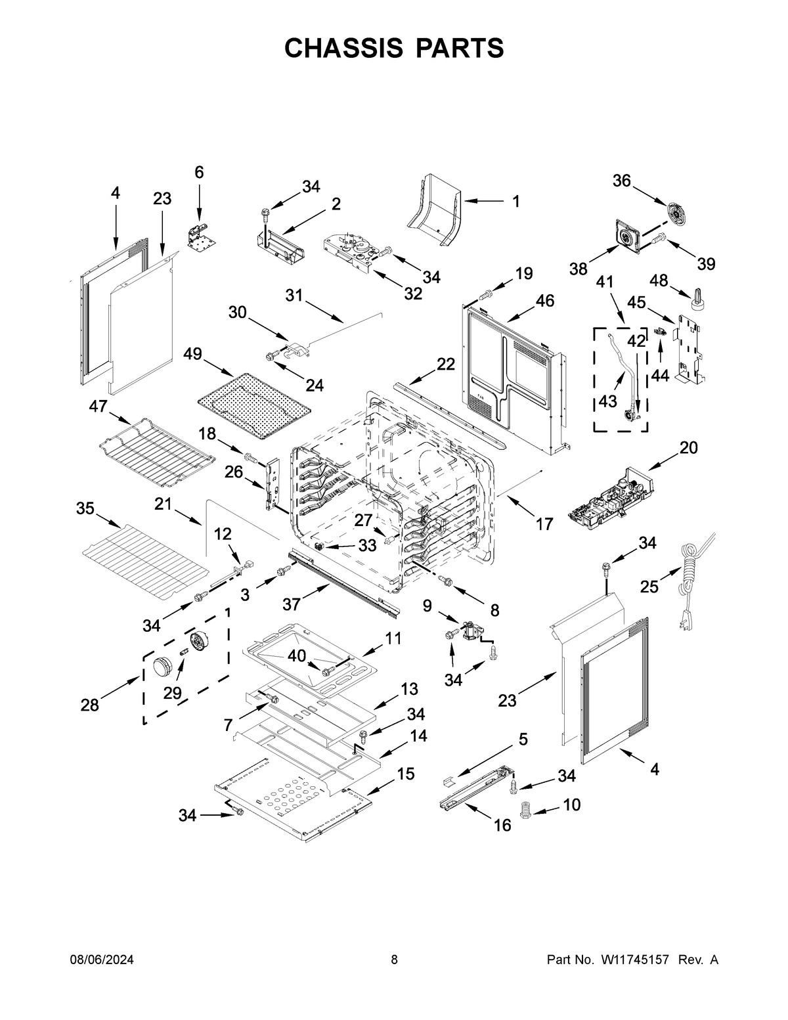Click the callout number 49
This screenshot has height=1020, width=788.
(192, 355)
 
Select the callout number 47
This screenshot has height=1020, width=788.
(98, 407)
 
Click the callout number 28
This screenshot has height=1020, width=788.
(90, 705)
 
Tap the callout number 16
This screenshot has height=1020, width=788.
(502, 826)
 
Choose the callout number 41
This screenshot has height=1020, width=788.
(605, 282)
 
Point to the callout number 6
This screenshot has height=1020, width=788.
(199, 172)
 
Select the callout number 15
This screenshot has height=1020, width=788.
(405, 774)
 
